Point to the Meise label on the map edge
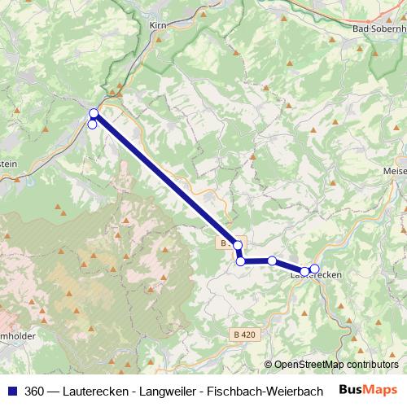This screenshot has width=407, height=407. (394, 171)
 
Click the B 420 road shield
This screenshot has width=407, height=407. (243, 334)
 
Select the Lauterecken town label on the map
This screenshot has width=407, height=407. (316, 276)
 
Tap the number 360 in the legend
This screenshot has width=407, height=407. (34, 391)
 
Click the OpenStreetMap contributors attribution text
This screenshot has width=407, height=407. (335, 365)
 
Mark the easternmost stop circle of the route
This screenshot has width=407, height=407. (315, 269)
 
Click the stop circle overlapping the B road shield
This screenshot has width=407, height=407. (238, 245)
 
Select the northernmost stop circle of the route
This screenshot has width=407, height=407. (94, 113)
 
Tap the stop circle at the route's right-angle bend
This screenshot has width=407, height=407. (240, 261)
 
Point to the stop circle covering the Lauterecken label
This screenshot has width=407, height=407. (305, 272)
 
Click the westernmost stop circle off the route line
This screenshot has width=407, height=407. (92, 125)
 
